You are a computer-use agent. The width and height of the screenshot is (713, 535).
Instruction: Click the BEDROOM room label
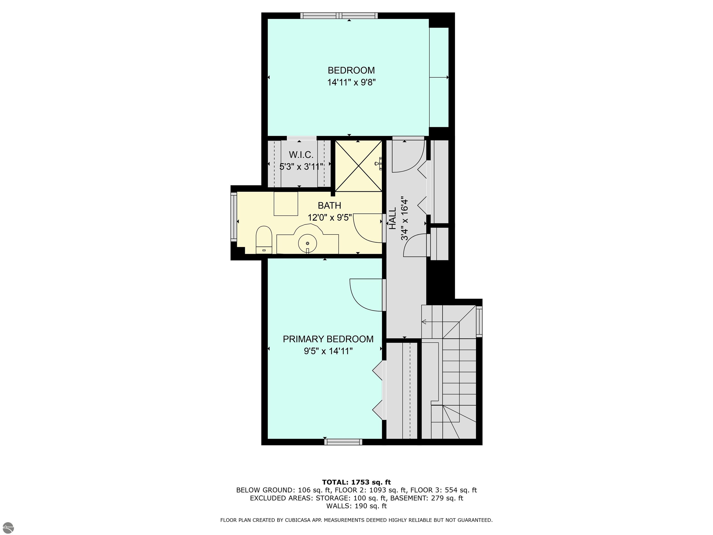pos(351,70)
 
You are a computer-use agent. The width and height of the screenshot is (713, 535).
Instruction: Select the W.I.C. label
pos(301,155)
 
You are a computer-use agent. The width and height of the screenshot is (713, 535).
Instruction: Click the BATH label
pos(329,206)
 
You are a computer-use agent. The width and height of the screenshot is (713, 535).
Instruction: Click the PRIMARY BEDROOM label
pos(328,339)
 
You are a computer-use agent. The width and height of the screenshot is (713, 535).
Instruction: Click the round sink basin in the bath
pos(307,244)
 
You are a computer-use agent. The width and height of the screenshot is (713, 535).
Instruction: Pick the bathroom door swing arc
pos(367,228)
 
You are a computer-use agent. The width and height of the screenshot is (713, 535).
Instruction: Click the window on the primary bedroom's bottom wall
pos(343,442)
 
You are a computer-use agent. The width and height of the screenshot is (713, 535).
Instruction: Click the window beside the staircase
pos(479,322)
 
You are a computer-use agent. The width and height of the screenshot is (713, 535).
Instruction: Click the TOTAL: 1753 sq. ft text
pos(356,482)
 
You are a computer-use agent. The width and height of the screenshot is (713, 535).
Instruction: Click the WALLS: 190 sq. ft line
pos(356,506)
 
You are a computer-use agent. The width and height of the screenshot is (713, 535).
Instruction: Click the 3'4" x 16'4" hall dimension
pos(405,219)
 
